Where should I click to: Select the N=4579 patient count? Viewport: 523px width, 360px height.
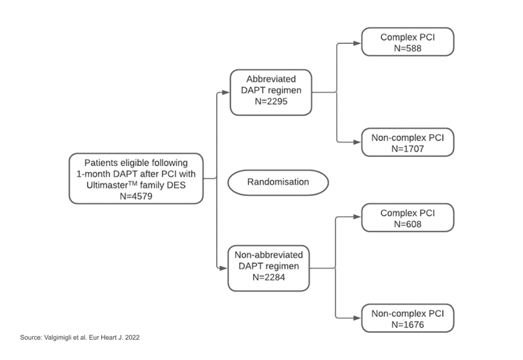coord(136,196)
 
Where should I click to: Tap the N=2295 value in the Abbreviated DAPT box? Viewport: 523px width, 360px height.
coord(271,101)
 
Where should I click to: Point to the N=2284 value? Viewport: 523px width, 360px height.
coord(269,277)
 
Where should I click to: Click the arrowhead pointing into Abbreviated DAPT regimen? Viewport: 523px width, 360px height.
coord(226,92)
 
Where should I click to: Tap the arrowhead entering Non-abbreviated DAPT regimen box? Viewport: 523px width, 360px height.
coord(223,268)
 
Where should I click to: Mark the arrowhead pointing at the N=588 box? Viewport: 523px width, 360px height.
coord(357,43)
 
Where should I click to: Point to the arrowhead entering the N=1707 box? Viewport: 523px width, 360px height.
coord(357,142)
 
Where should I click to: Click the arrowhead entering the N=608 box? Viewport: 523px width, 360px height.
coord(357,217)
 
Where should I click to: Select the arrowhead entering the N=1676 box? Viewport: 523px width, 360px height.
coord(357,318)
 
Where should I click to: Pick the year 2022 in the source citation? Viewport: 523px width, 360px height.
coord(132,338)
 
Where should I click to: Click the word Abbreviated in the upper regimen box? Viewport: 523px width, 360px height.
coord(271,79)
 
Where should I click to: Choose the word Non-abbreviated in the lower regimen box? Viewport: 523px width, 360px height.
coord(269,255)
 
